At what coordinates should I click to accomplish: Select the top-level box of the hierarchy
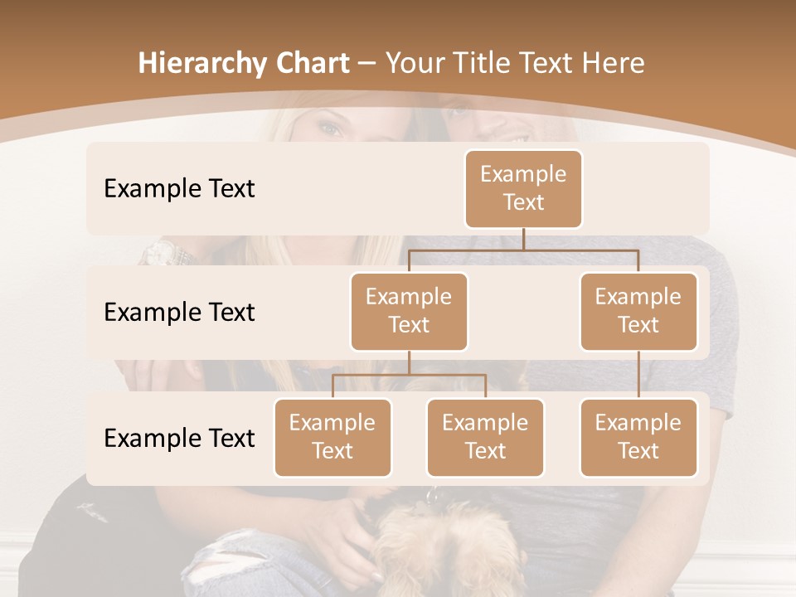point(523,188)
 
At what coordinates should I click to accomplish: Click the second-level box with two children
point(409,311)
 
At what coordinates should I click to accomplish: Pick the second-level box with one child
point(638,311)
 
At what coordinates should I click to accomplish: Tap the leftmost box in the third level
point(332,437)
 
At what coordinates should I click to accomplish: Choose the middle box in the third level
point(485,437)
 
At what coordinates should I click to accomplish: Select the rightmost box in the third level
point(638,437)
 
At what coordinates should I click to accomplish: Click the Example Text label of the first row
point(179,188)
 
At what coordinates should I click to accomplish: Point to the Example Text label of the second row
point(179,312)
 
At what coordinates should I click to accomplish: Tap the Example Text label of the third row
point(179,438)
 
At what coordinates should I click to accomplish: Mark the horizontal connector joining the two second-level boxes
point(523,249)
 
